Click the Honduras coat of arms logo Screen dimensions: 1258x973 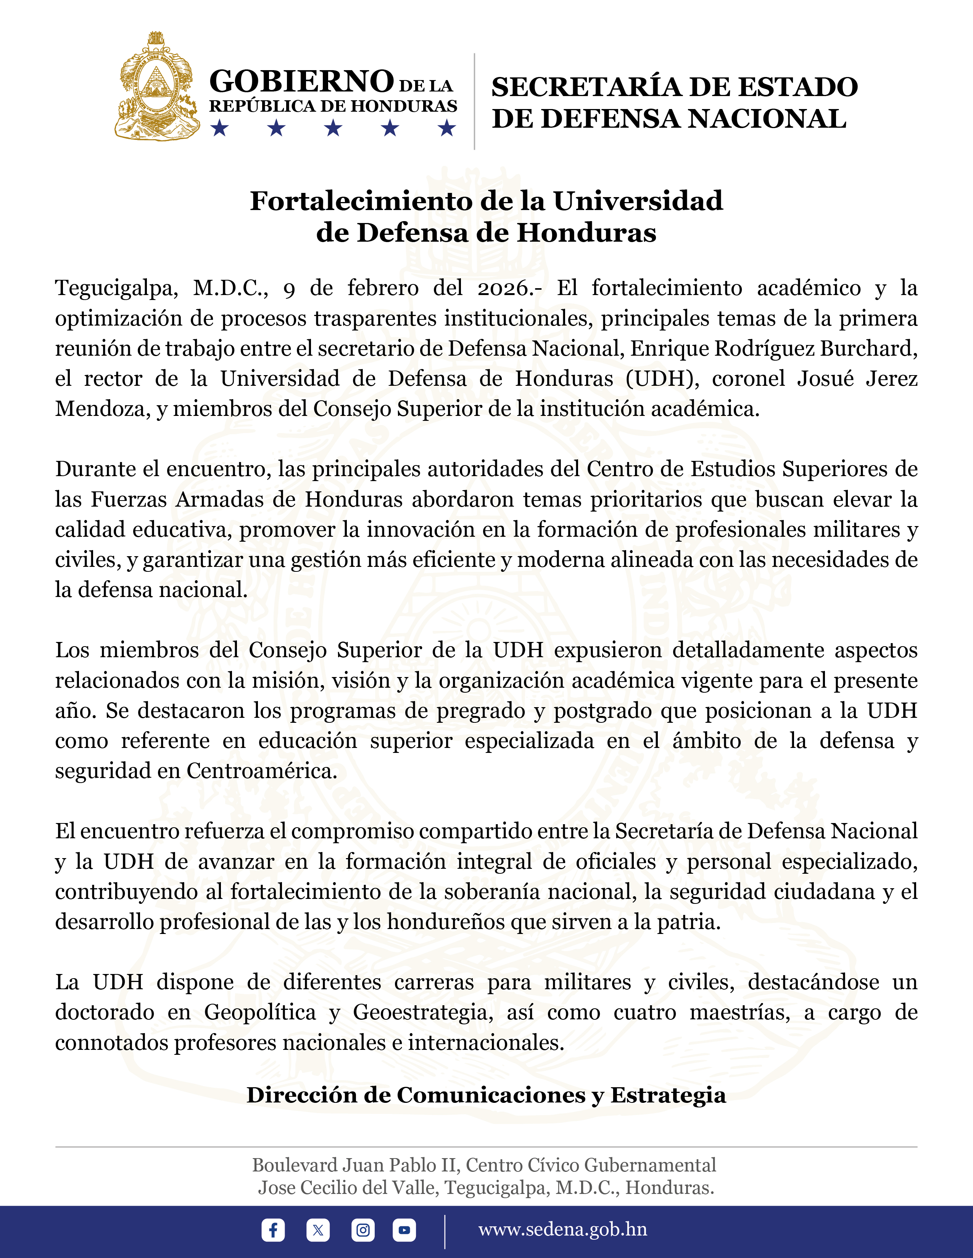[157, 87]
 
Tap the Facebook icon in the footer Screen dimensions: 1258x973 [273, 1230]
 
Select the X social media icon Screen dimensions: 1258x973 [317, 1230]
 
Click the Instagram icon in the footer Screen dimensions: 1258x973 [362, 1230]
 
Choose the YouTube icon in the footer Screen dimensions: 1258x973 [404, 1230]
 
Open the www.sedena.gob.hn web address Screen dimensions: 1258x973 [562, 1229]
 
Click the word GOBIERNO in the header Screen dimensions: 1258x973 [301, 81]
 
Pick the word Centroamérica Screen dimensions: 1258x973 [262, 771]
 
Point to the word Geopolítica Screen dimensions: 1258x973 [260, 1012]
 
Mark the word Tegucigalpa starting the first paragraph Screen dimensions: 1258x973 [116, 288]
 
